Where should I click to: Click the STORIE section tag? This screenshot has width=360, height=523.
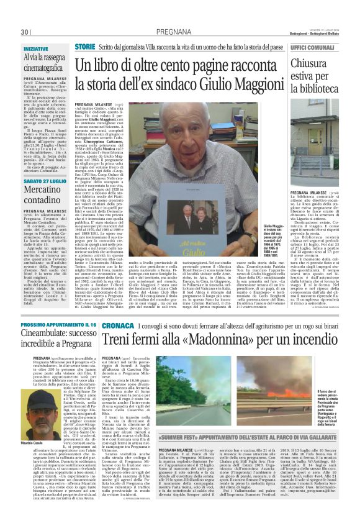(x=85, y=47)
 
